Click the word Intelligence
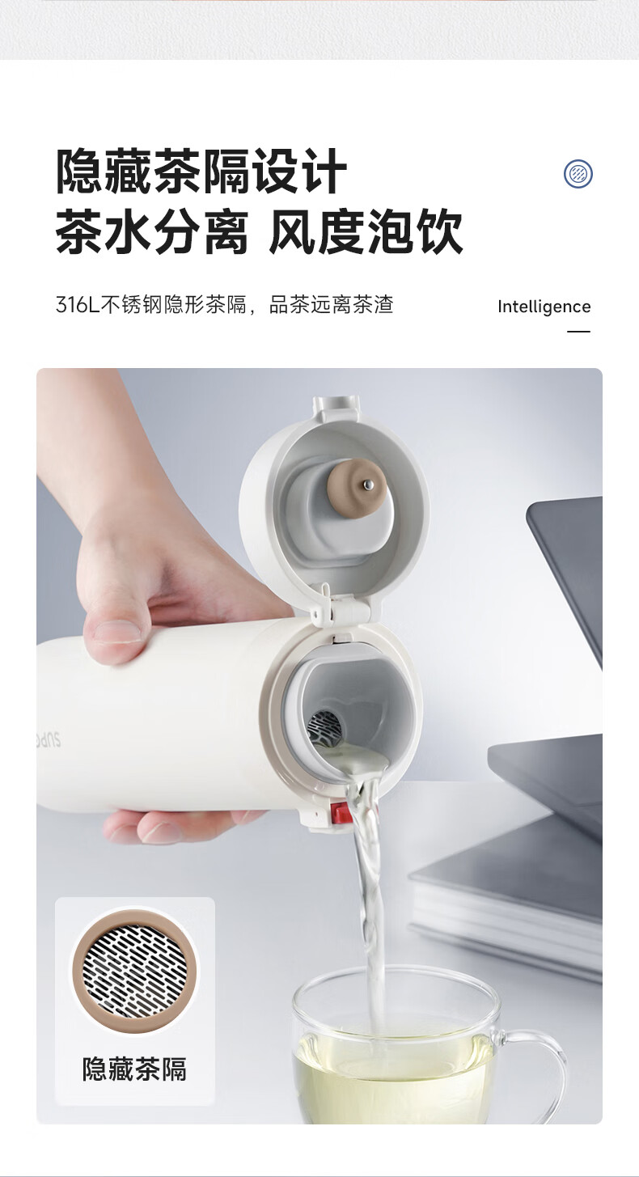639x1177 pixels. (544, 307)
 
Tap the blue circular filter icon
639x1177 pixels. (578, 173)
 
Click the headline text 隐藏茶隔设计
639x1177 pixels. (201, 171)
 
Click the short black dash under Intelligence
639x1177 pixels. (578, 332)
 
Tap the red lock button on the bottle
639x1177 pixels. (341, 814)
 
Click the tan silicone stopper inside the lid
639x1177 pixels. (358, 487)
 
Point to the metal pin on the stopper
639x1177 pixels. (369, 484)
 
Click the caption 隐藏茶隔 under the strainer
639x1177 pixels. (134, 1069)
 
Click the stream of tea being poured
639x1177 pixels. (371, 893)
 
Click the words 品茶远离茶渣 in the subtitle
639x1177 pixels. (331, 305)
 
